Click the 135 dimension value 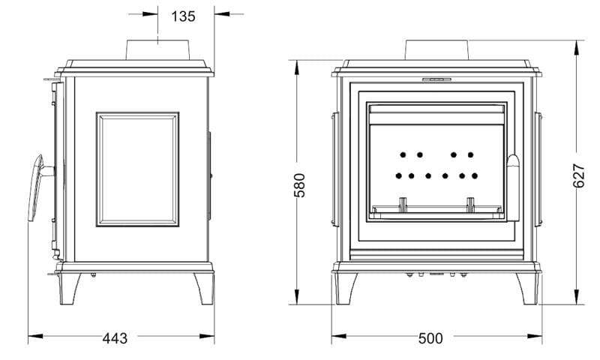(183, 16)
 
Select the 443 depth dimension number (115, 337)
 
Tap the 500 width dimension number (430, 337)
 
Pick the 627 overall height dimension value (579, 175)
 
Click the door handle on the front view (513, 187)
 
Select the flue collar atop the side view (157, 49)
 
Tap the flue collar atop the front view (436, 49)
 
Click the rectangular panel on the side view (137, 169)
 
